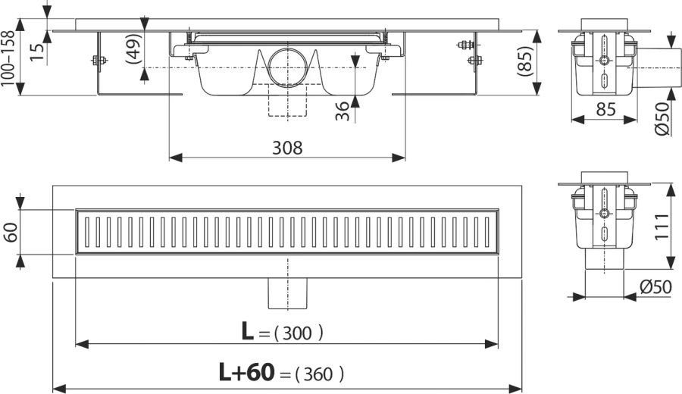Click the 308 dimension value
tap(286, 148)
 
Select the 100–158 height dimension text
tap(10, 58)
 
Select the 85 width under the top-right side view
tap(603, 110)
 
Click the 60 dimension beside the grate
tap(11, 232)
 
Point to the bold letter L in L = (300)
tap(248, 331)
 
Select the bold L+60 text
tap(246, 372)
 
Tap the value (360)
tap(318, 374)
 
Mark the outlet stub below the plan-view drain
tap(286, 292)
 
